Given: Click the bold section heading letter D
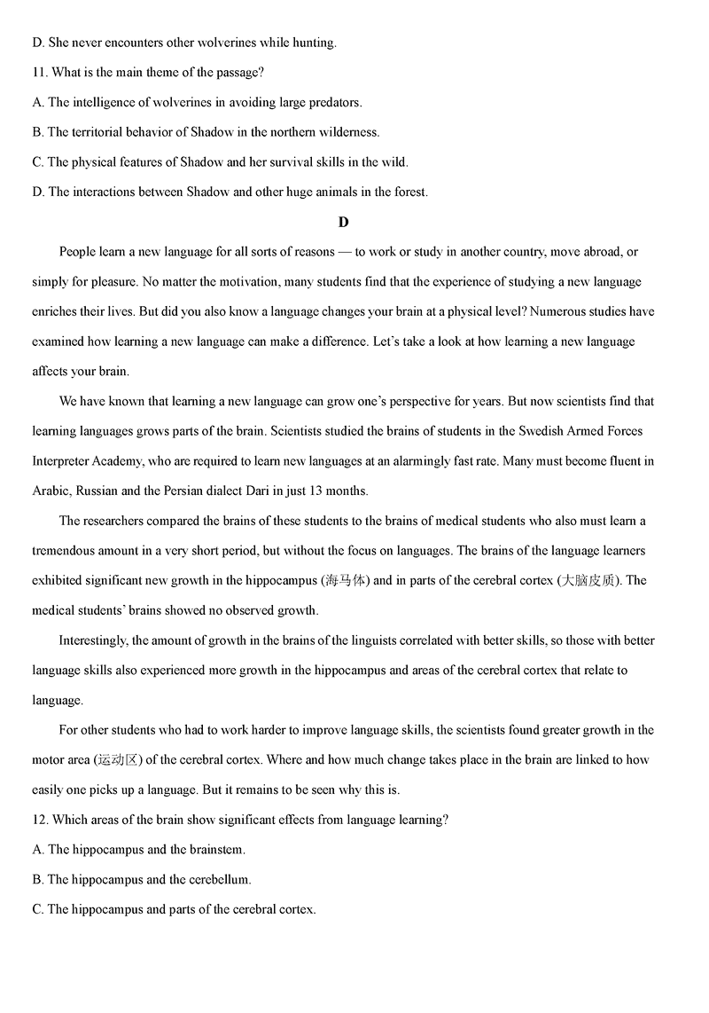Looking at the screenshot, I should (x=344, y=222).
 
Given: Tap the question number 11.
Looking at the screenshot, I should (x=39, y=72).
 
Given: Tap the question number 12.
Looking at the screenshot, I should (x=39, y=820).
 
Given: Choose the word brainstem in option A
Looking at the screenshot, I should (x=215, y=850).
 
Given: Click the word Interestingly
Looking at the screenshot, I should (x=93, y=640).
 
